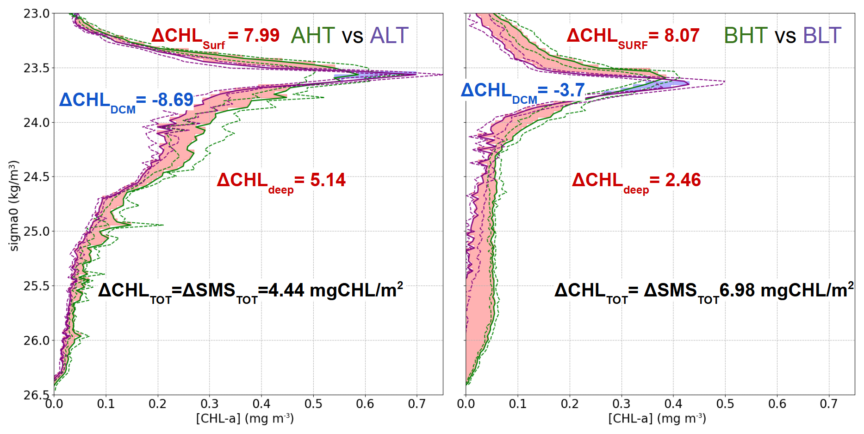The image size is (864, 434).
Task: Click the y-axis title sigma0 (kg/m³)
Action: coord(14,206)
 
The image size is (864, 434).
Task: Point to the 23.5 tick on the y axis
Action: coord(36,69)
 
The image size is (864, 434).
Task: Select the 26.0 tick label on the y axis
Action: coord(36,341)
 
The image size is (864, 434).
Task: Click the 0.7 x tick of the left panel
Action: coord(416,404)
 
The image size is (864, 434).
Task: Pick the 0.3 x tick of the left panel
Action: coord(209,404)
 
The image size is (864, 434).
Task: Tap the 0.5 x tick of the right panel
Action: coord(725,404)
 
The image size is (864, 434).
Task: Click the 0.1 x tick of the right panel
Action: coord(517,404)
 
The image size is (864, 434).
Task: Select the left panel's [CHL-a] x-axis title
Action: coord(245,419)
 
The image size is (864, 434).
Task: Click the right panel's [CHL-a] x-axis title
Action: coord(657,419)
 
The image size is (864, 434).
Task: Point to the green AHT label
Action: coord(313,36)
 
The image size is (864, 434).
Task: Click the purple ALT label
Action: coord(389,36)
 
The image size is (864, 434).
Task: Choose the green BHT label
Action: coord(746,36)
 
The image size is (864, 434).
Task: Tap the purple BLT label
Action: coord(822,36)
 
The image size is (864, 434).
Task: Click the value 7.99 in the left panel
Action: coord(261,36)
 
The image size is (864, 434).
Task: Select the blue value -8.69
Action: coord(173,100)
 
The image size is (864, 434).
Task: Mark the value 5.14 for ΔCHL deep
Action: coord(328,180)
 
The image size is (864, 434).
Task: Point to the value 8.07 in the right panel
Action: coord(682,36)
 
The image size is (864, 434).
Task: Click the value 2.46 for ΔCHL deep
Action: coord(683,180)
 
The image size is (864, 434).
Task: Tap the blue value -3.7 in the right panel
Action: coord(569,90)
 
